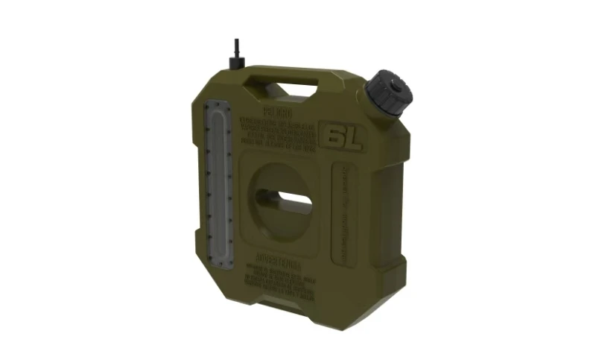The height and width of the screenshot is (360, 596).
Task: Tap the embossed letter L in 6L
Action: click(x=351, y=139)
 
